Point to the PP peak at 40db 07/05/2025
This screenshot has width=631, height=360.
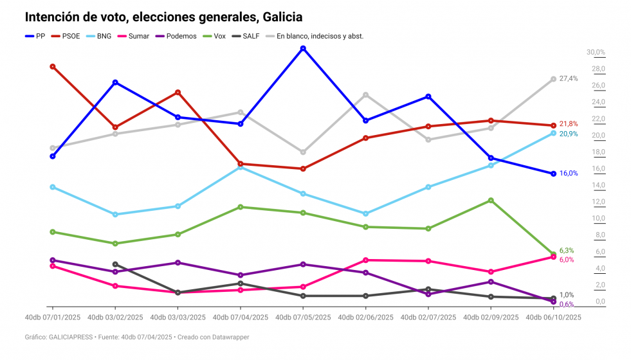pos(302,48)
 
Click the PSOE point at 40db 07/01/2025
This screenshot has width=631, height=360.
pos(53,66)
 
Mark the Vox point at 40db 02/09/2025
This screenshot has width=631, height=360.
pos(491,201)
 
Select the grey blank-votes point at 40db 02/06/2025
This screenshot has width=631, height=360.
pos(365,95)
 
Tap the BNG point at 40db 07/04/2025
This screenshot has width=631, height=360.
pos(240,167)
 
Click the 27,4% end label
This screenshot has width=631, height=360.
pos(569,78)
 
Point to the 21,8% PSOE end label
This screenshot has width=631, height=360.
pos(569,123)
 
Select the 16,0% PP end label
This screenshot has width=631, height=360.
pos(569,173)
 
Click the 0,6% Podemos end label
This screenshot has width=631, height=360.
pos(567,304)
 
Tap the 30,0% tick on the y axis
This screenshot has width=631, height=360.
pos(596,52)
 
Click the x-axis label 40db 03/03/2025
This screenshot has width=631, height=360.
pos(177,317)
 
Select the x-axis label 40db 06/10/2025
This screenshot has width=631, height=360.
pos(554,317)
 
